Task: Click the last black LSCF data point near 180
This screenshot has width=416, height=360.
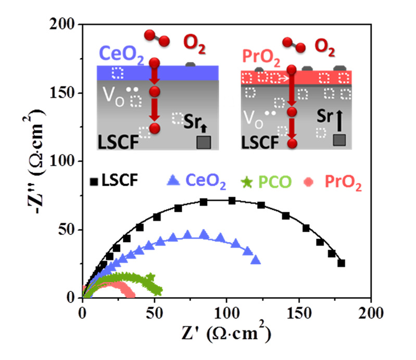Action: click(x=341, y=263)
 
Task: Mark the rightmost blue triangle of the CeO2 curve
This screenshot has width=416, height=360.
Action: click(x=255, y=260)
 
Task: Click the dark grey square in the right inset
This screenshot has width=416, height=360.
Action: click(x=339, y=139)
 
